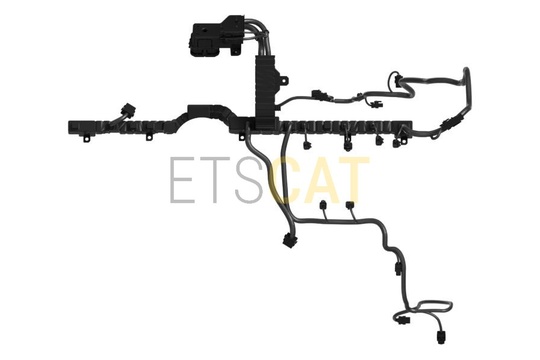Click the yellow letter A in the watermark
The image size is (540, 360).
click(x=321, y=180)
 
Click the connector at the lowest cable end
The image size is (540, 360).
click(x=441, y=337)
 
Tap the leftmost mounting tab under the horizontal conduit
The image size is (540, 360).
click(x=87, y=138)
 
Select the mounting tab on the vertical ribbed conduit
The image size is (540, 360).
click(x=284, y=80)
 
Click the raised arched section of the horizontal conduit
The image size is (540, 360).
click(x=207, y=113)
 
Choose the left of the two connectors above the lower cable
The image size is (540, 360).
click(x=324, y=205)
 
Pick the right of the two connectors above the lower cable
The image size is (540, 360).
click(x=350, y=205)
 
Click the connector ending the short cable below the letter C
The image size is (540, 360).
click(x=288, y=240)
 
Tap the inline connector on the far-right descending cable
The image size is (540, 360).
click(x=449, y=123)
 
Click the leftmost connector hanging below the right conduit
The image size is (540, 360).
click(x=307, y=144)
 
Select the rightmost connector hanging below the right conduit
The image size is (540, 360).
click(x=397, y=142)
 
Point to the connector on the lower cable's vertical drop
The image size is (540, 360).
click(x=398, y=268)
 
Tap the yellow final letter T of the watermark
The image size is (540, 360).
click(x=355, y=180)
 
